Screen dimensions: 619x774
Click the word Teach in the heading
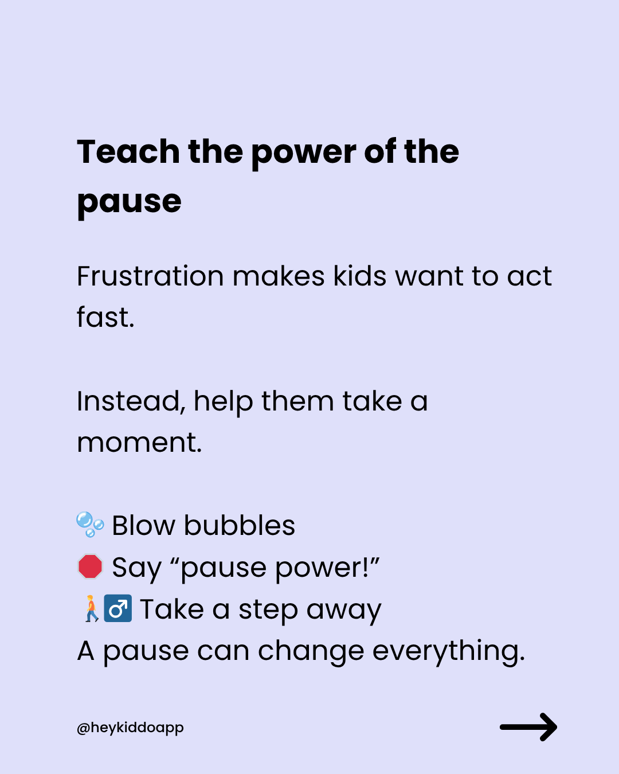tap(128, 152)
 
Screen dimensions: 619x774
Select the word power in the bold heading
tap(304, 155)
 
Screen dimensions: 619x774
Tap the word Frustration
tap(150, 276)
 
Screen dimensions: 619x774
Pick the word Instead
tap(131, 401)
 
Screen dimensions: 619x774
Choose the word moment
tap(139, 443)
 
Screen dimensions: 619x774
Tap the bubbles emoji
tap(91, 525)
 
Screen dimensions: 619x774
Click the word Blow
tap(143, 526)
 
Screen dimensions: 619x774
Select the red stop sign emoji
tap(91, 566)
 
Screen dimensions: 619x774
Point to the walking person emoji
tap(91, 608)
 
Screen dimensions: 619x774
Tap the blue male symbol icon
tap(117, 608)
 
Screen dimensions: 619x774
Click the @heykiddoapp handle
tap(130, 728)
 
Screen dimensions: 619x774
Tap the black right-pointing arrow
tap(528, 727)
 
